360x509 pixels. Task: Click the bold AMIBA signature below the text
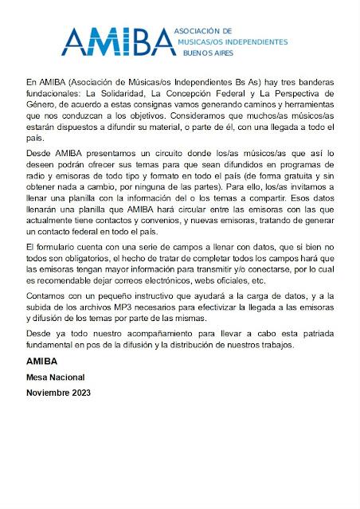42,361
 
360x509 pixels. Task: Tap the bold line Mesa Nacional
55,377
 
